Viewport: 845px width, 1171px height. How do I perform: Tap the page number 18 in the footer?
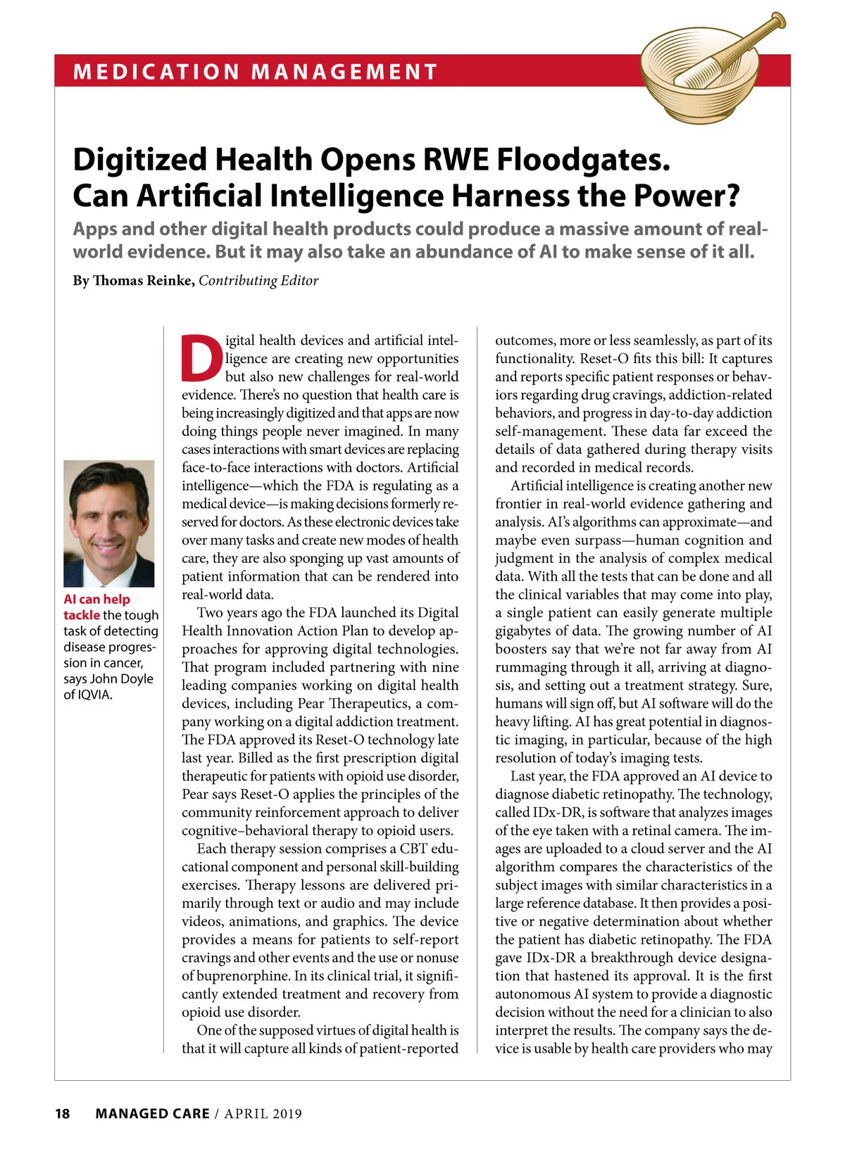point(63,1113)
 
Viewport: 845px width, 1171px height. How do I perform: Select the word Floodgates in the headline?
point(583,160)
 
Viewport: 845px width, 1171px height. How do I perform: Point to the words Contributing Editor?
point(258,281)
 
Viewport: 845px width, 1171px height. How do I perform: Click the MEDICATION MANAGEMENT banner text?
point(255,72)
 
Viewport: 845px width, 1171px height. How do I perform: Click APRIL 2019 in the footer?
point(263,1113)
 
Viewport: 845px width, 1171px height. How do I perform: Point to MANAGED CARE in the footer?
point(152,1113)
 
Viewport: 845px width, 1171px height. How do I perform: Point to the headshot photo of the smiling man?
point(108,524)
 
